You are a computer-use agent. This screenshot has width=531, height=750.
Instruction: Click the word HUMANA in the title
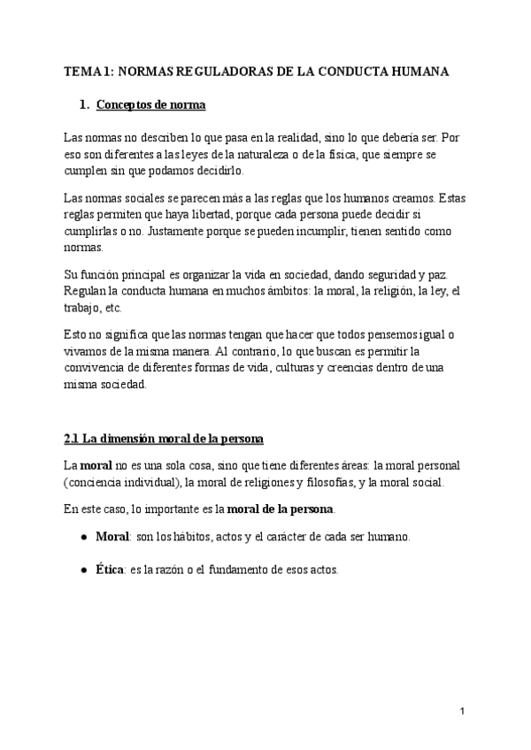pos(422,72)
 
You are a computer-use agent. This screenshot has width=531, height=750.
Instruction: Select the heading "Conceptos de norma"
pos(150,106)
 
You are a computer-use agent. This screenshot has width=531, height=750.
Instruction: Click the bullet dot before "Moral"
pos(83,538)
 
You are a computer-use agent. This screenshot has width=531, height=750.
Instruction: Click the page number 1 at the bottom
pos(464,711)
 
